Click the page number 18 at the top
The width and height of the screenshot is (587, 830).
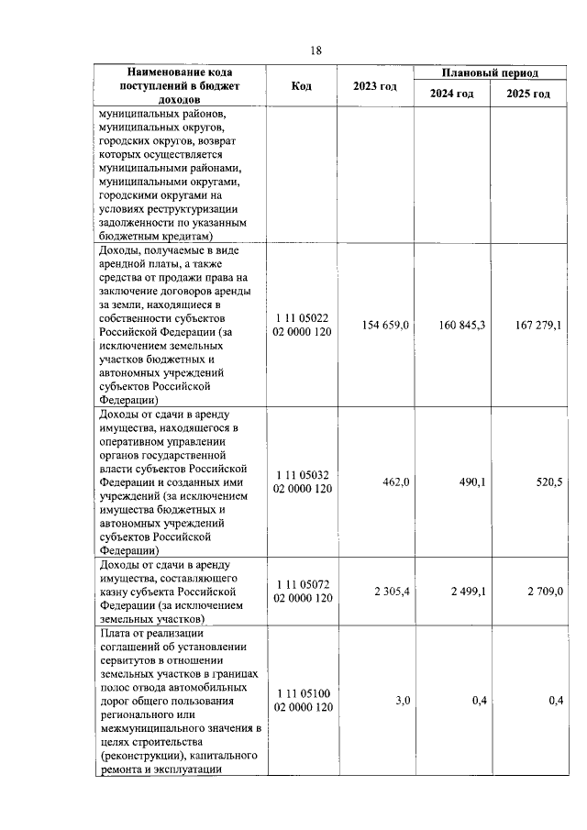316,50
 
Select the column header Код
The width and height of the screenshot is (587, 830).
301,86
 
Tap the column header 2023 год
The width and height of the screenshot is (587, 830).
374,86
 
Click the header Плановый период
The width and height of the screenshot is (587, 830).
490,72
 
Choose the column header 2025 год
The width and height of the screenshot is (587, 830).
528,94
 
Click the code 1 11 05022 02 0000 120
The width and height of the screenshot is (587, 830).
302,325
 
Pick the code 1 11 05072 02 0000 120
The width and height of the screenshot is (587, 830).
302,592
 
